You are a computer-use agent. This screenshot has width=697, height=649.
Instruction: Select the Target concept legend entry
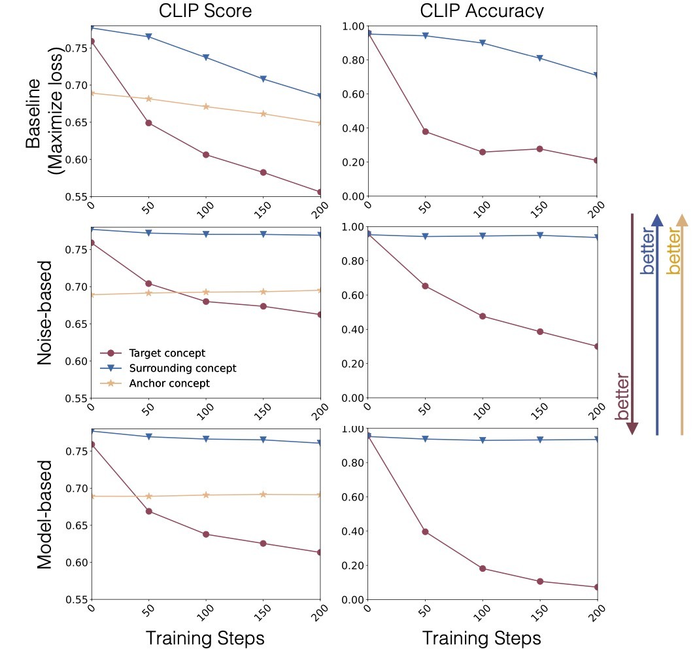point(167,353)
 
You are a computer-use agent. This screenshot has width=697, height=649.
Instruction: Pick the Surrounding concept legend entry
point(182,368)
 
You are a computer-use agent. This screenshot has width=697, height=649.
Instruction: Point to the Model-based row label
point(44,515)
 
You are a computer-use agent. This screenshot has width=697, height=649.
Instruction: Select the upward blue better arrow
point(657,324)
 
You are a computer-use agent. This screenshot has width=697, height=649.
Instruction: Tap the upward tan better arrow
point(682,324)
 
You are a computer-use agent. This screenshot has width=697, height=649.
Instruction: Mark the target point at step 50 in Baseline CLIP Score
point(149,123)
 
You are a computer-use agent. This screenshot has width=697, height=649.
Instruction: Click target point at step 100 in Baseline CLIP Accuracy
point(483,152)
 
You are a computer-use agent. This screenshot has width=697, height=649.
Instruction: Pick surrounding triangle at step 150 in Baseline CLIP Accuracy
point(540,58)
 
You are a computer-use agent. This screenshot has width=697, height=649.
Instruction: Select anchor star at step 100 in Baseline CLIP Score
point(206,107)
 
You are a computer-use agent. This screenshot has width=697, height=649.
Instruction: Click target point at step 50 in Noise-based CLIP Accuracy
point(426,286)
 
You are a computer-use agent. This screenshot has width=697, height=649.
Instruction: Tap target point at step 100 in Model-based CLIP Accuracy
point(483,569)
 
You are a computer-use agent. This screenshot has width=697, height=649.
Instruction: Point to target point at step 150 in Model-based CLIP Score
point(263,544)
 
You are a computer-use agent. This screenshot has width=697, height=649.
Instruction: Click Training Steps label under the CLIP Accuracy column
point(481,638)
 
